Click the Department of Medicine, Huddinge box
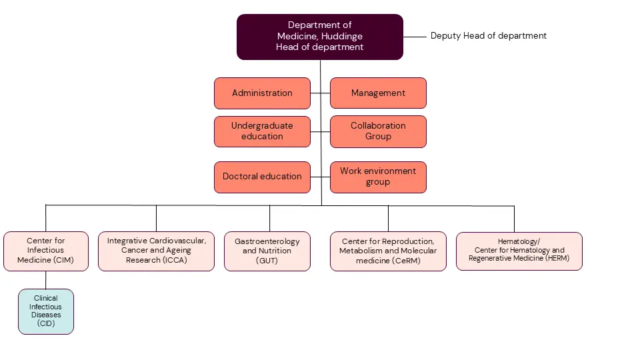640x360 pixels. (x=320, y=37)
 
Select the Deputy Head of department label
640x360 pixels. (x=488, y=36)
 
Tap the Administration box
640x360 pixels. (x=262, y=93)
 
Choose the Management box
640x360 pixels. (x=378, y=93)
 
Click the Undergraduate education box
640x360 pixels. (x=262, y=131)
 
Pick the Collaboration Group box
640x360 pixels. (x=378, y=131)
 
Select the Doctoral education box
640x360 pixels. (x=262, y=177)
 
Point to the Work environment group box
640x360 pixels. (x=378, y=177)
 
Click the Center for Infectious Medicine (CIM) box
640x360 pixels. (x=45, y=251)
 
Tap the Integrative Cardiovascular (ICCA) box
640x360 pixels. (x=156, y=251)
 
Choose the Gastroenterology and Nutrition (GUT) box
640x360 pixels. (x=267, y=251)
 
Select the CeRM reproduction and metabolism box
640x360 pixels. (x=388, y=251)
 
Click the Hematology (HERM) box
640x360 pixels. (x=519, y=251)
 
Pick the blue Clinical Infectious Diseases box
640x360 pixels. (x=45, y=311)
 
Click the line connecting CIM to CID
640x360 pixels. (x=45, y=280)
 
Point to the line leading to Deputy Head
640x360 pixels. (x=414, y=37)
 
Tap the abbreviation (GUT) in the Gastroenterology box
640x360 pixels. (x=267, y=261)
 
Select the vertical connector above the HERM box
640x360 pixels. (x=514, y=219)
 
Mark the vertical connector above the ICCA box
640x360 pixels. (x=156, y=219)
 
